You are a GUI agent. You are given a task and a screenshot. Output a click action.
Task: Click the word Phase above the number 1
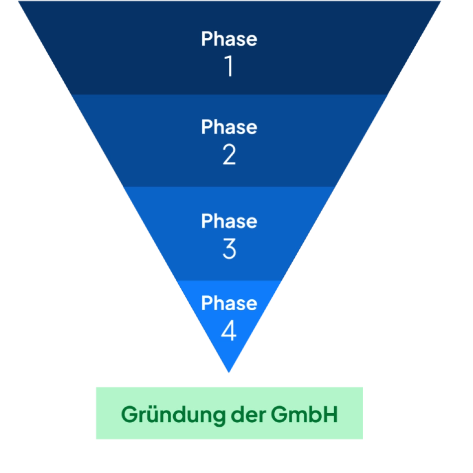click(x=229, y=39)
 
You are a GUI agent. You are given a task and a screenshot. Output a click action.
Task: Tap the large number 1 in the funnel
click(x=229, y=67)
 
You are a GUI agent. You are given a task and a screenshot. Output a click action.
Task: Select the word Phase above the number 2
click(x=229, y=127)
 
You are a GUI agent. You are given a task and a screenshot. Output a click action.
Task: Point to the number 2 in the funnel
click(x=229, y=155)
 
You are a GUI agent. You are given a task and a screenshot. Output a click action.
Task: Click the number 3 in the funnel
click(x=229, y=249)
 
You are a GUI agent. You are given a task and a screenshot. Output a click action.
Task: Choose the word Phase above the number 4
click(x=229, y=303)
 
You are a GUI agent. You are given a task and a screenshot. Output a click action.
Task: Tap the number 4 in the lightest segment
click(x=229, y=331)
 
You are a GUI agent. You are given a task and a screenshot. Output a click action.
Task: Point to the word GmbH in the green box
click(x=305, y=415)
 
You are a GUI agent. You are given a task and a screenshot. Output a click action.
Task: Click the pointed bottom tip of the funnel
click(x=229, y=371)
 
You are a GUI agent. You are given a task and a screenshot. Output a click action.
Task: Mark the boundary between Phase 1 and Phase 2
click(x=229, y=94)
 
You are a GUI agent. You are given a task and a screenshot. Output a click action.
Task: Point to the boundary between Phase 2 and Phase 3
click(x=229, y=187)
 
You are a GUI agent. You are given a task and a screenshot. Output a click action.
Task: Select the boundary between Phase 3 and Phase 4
click(x=229, y=280)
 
